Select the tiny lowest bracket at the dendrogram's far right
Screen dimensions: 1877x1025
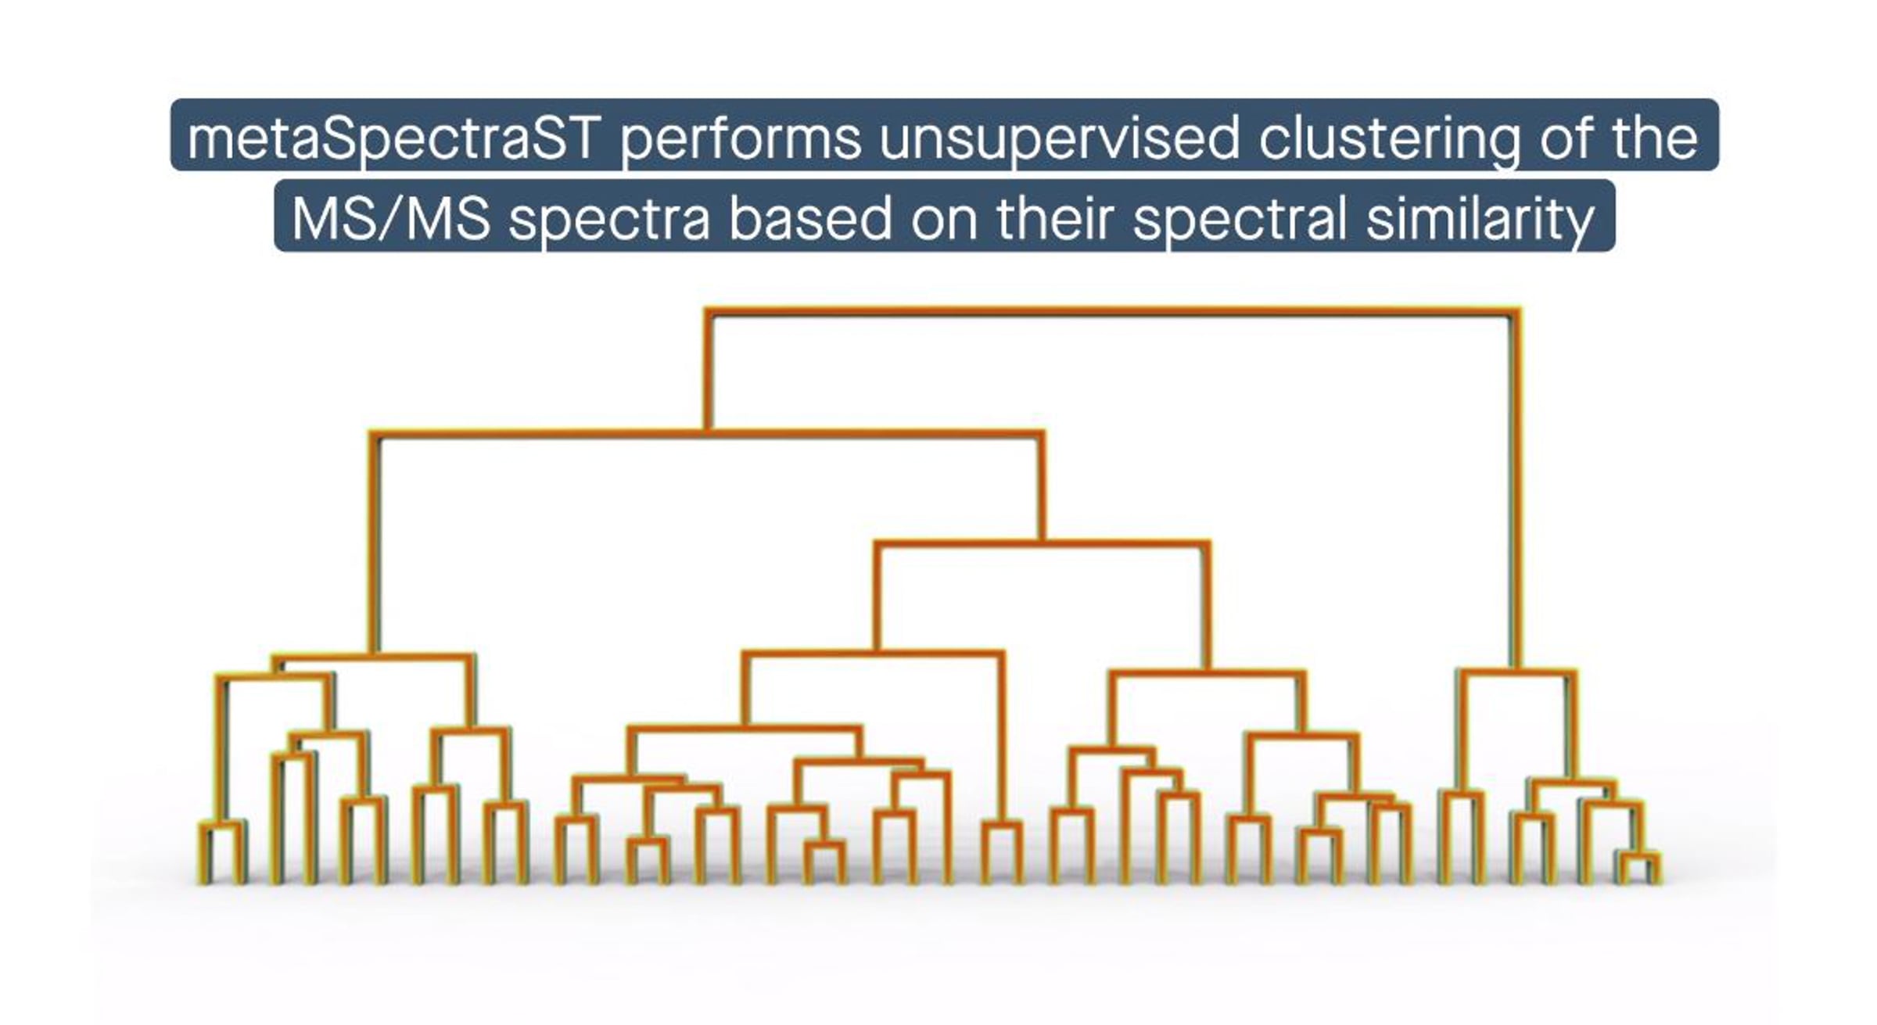pyautogui.click(x=1639, y=868)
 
